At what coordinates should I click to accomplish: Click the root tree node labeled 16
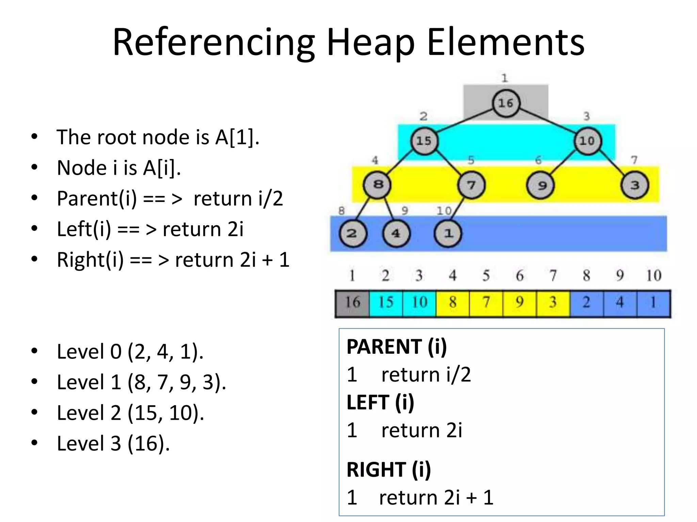coord(506,103)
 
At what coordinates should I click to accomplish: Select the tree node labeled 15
coord(424,141)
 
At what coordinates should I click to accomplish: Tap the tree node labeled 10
coord(587,141)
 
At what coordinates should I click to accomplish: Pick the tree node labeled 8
coord(377,185)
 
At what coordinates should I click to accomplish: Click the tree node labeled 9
coord(540,186)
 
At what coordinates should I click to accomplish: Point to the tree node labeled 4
coord(396,233)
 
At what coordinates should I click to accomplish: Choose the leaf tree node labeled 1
coord(448,233)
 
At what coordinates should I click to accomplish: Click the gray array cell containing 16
coord(353,303)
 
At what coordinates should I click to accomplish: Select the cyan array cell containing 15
coord(386,303)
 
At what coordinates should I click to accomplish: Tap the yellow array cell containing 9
coord(520,303)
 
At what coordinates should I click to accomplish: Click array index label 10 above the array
coord(653,276)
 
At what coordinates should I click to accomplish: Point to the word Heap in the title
coord(371,43)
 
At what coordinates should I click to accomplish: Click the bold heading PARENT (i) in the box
coord(397,347)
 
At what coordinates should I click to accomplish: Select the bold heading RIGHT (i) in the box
coord(389,470)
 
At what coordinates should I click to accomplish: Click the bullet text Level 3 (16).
coord(113,443)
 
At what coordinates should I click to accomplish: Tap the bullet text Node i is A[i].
coord(119,168)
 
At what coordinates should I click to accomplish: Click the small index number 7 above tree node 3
coord(634,160)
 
